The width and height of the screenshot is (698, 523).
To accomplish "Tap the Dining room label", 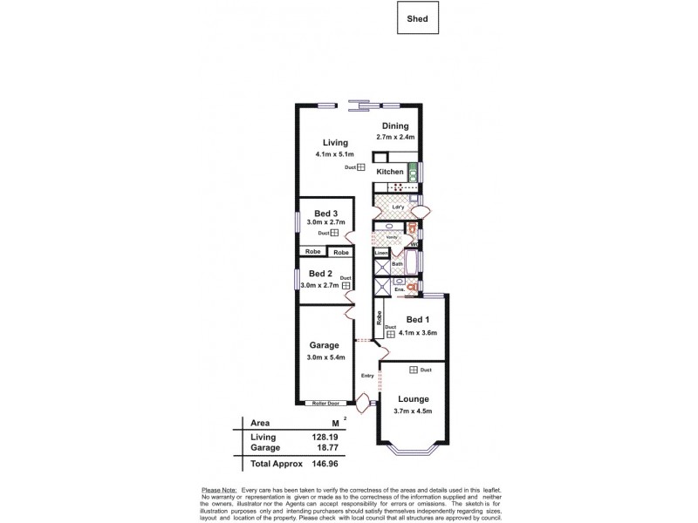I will [x=394, y=126].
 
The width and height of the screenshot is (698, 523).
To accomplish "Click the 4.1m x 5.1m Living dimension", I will [x=334, y=154].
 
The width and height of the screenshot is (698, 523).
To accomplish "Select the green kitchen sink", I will [x=413, y=172].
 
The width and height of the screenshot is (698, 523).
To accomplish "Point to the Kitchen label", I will [x=389, y=172].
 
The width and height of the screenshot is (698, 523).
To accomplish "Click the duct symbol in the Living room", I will [x=360, y=167].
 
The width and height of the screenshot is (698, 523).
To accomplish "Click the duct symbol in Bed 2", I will [x=346, y=284].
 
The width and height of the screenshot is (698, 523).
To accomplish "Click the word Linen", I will [x=380, y=254].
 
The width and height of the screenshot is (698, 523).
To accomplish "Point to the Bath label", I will [x=397, y=263].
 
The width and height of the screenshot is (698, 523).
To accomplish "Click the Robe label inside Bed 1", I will [x=380, y=319].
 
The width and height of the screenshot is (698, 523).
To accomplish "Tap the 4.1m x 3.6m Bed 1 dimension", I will [x=417, y=333].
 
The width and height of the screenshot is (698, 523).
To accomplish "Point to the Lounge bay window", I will [x=412, y=451].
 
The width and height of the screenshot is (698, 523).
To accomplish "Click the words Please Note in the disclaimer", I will [x=218, y=491].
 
